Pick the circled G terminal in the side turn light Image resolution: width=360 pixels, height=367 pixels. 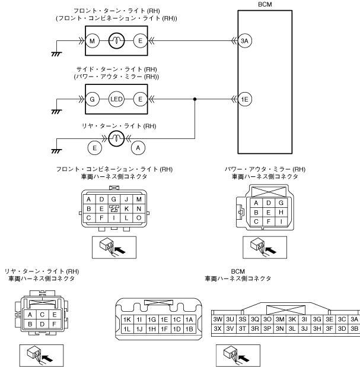pyautogui.click(x=93, y=99)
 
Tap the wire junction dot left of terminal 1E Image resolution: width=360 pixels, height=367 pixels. pyautogui.click(x=195, y=99)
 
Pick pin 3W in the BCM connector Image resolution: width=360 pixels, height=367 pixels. pyautogui.click(x=217, y=319)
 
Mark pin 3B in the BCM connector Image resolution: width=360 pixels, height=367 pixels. pyautogui.click(x=355, y=328)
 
